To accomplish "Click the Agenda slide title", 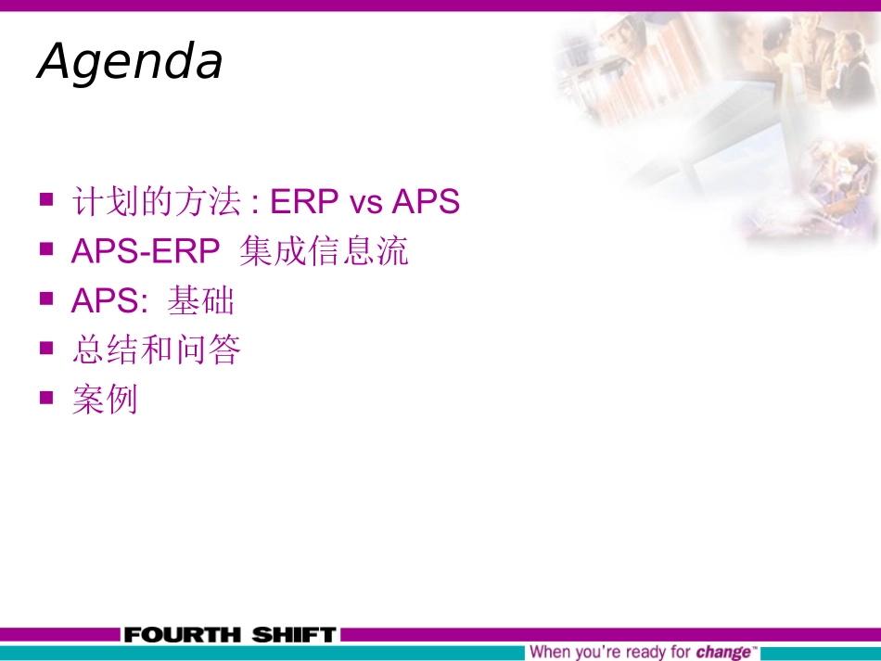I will point(130,62).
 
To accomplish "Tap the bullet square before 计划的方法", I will point(46,199).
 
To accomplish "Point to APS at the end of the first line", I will point(426,201).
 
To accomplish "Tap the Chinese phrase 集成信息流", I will point(324,251).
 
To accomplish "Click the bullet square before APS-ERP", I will point(46,248).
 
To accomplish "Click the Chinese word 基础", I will point(201,301).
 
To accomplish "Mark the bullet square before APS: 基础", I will point(46,299).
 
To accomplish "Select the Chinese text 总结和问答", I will point(156,350).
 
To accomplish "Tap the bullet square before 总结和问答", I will point(46,348).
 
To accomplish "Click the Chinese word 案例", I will point(105,400).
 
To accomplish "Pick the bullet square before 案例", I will point(46,397).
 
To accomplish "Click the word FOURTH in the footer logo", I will point(181,635).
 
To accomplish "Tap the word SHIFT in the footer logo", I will point(292,635).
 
